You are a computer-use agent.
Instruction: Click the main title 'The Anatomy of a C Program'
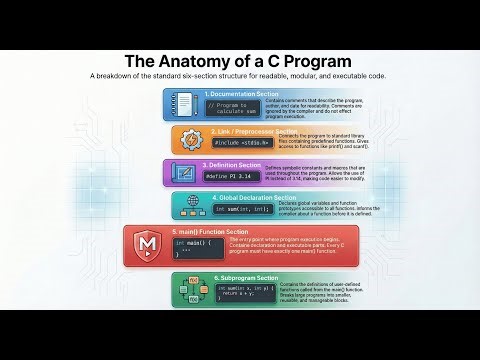pos(240,59)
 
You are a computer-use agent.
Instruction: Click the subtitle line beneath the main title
pos(240,77)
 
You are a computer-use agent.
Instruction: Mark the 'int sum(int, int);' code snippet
pos(241,209)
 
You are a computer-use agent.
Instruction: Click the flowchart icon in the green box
pos(186,290)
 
